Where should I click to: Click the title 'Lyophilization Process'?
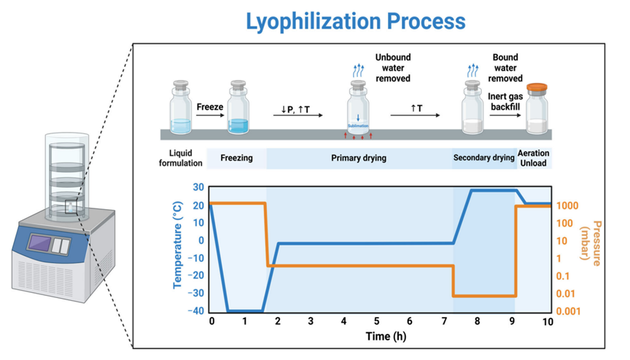coord(356,21)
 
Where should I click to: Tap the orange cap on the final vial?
coord(537,87)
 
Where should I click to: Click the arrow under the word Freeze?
coord(210,116)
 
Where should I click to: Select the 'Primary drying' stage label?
coord(359,158)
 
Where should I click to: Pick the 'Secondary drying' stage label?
coord(483,157)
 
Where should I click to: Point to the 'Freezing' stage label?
coord(236,158)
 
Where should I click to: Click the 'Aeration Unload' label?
coord(533,158)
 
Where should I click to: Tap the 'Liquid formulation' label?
coord(180,158)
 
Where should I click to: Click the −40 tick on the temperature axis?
coord(195,310)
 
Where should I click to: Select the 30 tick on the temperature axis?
coord(198,187)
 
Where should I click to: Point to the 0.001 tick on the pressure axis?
coord(568,311)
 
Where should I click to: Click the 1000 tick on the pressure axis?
coord(567,206)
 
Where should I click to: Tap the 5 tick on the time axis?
coord(376,321)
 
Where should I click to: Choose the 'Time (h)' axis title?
coord(386,336)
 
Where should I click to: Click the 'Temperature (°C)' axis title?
coord(177,245)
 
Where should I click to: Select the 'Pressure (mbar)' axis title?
coord(591,243)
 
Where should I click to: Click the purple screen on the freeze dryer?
coord(40,243)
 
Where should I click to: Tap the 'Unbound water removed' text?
coord(393,68)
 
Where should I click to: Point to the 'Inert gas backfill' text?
coord(505,101)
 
